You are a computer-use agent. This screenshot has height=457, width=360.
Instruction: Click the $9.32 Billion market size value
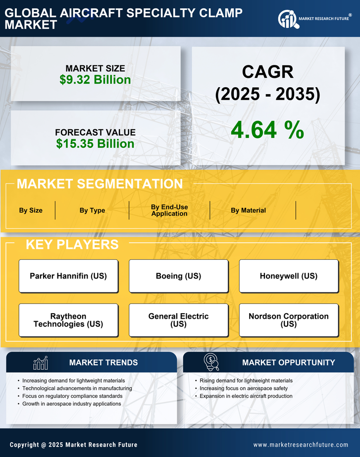95,80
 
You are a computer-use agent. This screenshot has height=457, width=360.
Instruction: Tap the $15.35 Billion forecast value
95,144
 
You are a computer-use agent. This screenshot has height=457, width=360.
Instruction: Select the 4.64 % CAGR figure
267,130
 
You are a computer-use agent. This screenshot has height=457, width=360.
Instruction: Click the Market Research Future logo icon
287,19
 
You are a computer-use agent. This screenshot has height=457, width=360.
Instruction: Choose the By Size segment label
31,210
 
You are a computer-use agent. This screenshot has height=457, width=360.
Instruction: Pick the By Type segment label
92,210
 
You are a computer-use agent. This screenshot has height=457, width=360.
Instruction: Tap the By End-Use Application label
169,210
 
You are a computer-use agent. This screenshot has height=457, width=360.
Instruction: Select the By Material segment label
248,210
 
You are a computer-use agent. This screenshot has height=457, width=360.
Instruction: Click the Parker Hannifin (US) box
68,276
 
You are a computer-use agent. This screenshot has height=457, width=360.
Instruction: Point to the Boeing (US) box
178,276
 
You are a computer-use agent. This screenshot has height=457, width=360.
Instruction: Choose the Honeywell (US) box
289,276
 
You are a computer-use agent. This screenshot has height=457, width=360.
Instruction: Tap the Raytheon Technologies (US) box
68,320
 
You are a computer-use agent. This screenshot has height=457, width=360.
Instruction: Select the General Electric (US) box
178,320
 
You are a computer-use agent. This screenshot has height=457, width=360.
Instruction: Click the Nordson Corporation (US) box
289,320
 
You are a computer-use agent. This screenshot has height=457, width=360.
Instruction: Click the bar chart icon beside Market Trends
40,363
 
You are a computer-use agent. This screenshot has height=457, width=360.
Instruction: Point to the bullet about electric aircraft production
246,396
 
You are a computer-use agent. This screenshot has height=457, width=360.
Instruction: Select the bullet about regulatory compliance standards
72,396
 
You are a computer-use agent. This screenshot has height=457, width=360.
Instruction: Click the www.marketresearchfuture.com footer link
301,445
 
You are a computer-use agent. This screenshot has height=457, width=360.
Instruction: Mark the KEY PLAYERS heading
72,244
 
